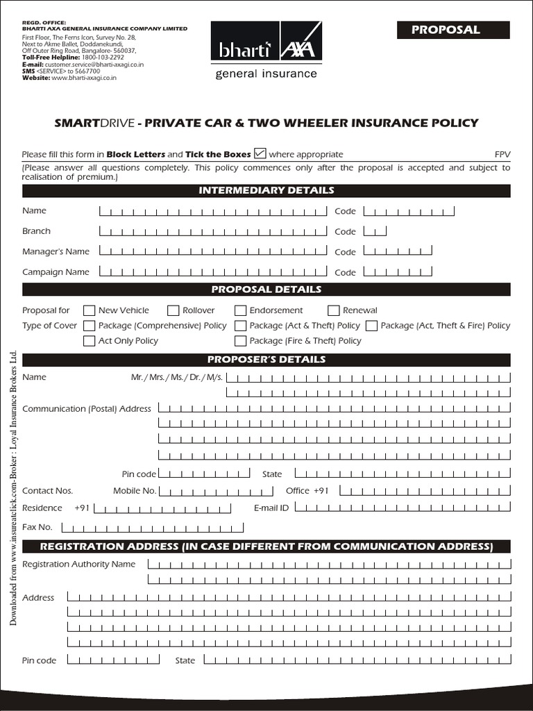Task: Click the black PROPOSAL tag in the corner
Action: pyautogui.click(x=453, y=30)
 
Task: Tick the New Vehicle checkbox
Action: pyautogui.click(x=90, y=310)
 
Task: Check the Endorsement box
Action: pyautogui.click(x=240, y=310)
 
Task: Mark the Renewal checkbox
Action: pyautogui.click(x=333, y=310)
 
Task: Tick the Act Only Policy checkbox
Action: pyautogui.click(x=90, y=341)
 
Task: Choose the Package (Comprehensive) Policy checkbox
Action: pyautogui.click(x=90, y=326)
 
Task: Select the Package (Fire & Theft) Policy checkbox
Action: pyautogui.click(x=240, y=341)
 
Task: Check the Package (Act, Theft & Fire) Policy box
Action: pyautogui.click(x=371, y=326)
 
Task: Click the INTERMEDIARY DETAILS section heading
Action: pyautogui.click(x=266, y=190)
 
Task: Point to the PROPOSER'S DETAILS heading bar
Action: pyautogui.click(x=266, y=360)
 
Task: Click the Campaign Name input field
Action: pyautogui.click(x=212, y=272)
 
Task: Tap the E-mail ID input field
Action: pyautogui.click(x=403, y=508)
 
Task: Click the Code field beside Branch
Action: pyautogui.click(x=375, y=231)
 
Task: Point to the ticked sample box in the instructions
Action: pyautogui.click(x=260, y=153)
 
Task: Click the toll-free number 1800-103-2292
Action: pyautogui.click(x=102, y=58)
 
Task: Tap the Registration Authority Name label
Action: pyautogui.click(x=79, y=564)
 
